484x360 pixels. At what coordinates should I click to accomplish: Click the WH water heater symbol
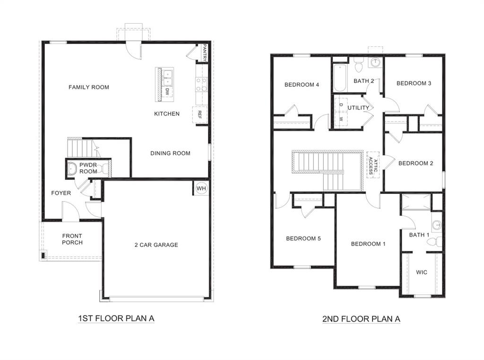tap(201, 188)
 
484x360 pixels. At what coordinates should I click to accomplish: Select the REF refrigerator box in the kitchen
tap(199, 114)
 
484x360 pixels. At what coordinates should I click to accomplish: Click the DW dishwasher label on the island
tap(167, 92)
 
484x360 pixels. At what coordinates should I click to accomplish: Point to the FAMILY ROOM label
tap(89, 87)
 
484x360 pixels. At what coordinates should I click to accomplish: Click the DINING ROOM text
tap(170, 153)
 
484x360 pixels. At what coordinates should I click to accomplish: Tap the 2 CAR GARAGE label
tap(156, 245)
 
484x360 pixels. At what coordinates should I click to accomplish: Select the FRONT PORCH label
tap(72, 239)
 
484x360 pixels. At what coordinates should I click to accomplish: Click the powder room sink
tap(73, 168)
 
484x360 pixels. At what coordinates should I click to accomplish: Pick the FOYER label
tap(61, 193)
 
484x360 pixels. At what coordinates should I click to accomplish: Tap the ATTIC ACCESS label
tap(373, 164)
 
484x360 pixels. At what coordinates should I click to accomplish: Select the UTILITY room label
tap(359, 108)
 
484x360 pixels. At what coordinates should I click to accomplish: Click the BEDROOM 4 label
tap(302, 85)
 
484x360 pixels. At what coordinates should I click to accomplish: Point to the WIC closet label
tap(422, 272)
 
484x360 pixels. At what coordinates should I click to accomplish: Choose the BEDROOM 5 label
tap(303, 238)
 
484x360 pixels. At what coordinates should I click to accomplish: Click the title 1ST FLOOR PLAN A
tap(116, 318)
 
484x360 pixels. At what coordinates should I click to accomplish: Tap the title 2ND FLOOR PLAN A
tap(361, 319)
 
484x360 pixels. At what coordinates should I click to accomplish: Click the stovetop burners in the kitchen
tap(201, 85)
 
